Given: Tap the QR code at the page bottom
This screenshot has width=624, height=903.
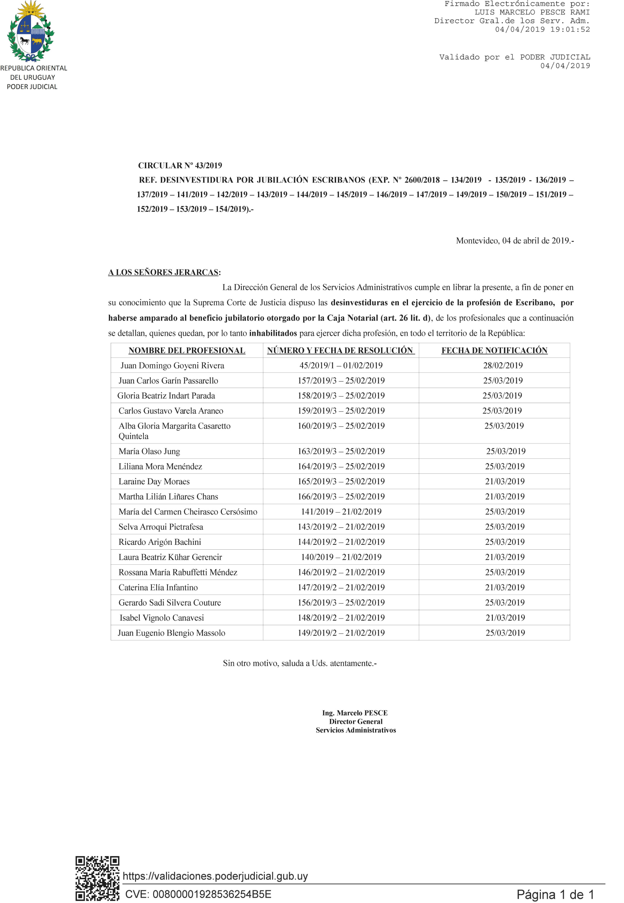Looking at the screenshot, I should click(97, 878).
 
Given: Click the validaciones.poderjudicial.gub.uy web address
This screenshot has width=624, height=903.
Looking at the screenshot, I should click(215, 876).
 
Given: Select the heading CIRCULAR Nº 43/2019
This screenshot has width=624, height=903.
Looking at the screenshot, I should click(180, 166).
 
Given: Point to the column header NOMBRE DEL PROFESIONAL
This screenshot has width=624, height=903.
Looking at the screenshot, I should click(187, 350).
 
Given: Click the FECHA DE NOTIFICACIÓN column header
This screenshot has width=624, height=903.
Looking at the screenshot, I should click(494, 350).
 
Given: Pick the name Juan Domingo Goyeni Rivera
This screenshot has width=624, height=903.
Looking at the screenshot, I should click(172, 366).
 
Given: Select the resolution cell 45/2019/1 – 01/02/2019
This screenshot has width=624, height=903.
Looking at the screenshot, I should click(341, 366).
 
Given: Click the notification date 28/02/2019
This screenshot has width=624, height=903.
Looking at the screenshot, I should click(503, 366).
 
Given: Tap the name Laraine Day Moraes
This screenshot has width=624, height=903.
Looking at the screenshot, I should click(154, 481).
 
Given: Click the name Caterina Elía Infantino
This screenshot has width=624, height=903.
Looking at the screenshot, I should click(158, 587).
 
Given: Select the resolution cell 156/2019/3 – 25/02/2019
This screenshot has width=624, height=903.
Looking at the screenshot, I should click(341, 603).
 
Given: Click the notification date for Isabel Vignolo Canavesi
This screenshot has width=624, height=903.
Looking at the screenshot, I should click(505, 618).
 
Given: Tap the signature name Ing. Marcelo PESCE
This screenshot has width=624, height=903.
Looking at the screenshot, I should click(355, 713).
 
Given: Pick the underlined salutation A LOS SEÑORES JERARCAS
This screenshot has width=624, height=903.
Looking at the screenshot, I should click(164, 273).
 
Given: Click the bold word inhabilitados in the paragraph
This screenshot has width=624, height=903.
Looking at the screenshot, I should click(273, 333).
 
